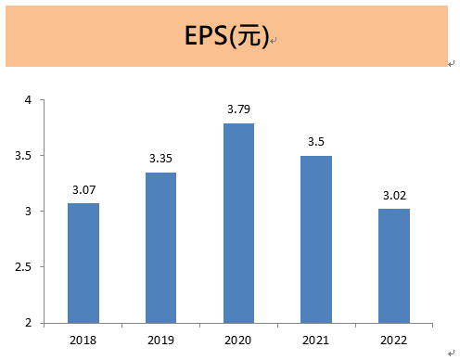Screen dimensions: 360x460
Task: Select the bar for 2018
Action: [x=83, y=263]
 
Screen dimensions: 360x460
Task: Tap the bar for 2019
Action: [x=160, y=248]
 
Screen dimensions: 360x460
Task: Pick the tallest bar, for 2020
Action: [x=238, y=223]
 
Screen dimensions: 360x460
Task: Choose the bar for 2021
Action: [x=316, y=239]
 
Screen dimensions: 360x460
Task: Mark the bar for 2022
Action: [x=394, y=265]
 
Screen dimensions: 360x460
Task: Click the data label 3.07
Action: [x=83, y=190]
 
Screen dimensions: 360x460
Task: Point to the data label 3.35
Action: [x=160, y=159]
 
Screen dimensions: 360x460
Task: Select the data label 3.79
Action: [x=238, y=109]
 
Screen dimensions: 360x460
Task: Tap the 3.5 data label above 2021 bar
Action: [x=316, y=142]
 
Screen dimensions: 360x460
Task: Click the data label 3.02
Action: [x=394, y=196]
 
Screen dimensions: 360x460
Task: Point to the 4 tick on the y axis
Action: [x=28, y=100]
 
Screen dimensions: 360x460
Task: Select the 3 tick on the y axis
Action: [x=28, y=212]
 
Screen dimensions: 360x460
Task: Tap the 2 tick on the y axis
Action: [x=28, y=323]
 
